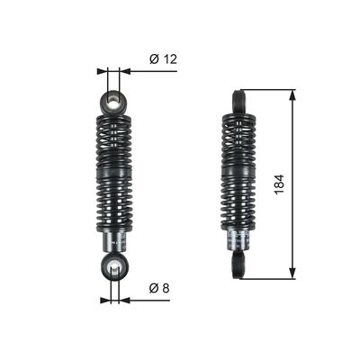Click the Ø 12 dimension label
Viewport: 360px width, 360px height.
(x=163, y=59)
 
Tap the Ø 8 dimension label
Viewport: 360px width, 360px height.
(x=159, y=288)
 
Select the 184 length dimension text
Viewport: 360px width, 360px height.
(x=279, y=184)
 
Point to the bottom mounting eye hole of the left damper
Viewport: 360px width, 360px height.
(x=115, y=266)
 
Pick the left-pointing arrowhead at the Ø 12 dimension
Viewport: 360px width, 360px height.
(x=124, y=71)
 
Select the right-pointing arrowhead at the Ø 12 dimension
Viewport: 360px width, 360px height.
(x=102, y=71)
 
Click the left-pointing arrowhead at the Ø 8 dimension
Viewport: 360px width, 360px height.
(x=124, y=300)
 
